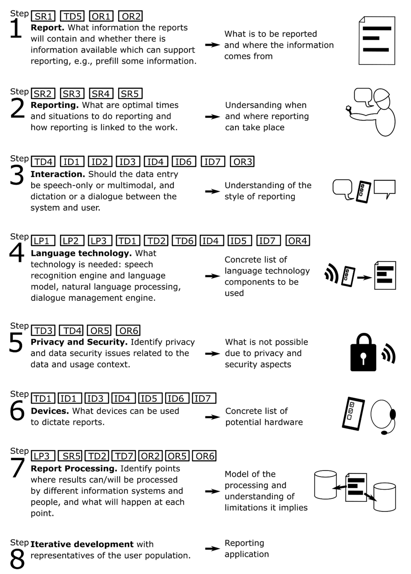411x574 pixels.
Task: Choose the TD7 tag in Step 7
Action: (x=124, y=456)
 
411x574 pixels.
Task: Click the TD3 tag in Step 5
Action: (x=43, y=330)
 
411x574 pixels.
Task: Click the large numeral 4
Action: (x=17, y=253)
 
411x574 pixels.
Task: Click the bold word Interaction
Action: (x=58, y=174)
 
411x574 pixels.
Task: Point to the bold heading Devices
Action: (x=50, y=411)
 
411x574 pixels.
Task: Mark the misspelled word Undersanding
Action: (x=266, y=105)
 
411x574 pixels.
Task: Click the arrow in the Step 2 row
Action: (x=213, y=117)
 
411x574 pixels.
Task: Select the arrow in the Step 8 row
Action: (x=213, y=548)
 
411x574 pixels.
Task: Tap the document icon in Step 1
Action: (x=377, y=40)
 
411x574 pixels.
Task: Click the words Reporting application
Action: (x=247, y=548)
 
